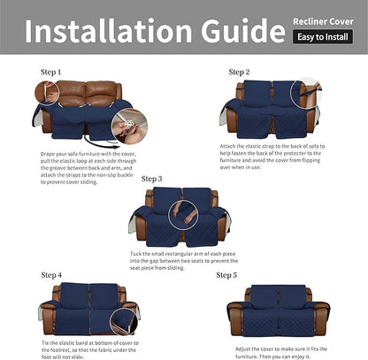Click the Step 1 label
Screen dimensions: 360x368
[51, 71]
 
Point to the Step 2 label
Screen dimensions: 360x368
[239, 72]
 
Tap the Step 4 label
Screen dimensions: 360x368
[51, 275]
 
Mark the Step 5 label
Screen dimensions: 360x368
[227, 275]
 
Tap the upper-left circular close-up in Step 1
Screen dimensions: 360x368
[47, 92]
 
